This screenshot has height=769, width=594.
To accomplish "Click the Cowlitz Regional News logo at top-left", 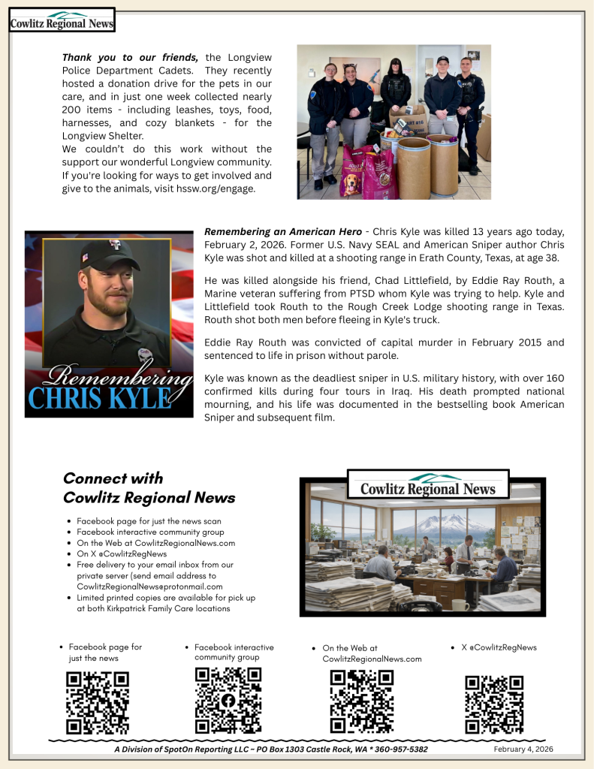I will (x=62, y=20).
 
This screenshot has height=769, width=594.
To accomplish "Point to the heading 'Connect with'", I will (x=113, y=478).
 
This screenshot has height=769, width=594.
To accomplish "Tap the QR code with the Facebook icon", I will (x=228, y=700).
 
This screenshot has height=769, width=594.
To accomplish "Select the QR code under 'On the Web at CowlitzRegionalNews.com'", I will (x=362, y=701).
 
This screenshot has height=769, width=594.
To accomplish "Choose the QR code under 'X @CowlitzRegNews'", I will (x=494, y=704).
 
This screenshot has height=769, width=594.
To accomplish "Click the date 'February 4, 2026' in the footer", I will (x=524, y=749).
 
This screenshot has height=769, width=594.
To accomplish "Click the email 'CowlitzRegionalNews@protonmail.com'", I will (x=149, y=586).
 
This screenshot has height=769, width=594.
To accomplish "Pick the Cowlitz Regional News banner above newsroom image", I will (x=428, y=485).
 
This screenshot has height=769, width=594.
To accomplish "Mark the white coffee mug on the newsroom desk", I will (x=456, y=603).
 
